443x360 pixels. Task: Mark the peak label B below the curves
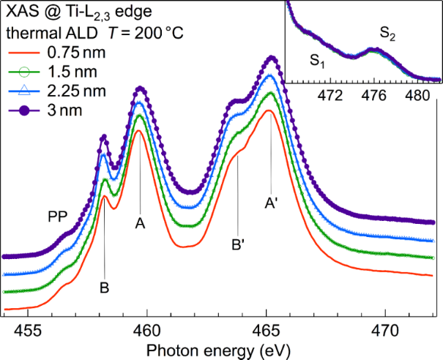tap(105, 288)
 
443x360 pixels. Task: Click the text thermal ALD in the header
tap(47, 33)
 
